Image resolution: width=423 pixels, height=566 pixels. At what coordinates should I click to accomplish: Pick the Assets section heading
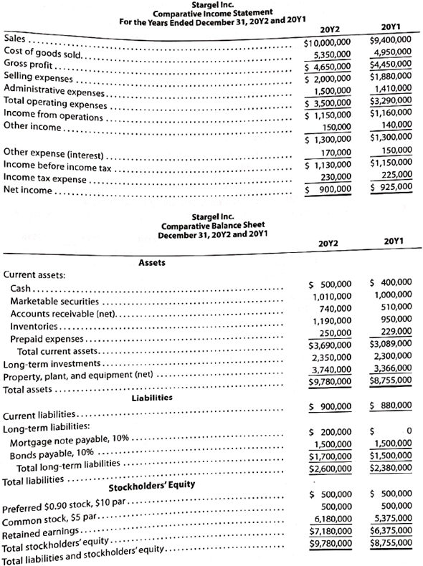(x=151, y=263)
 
